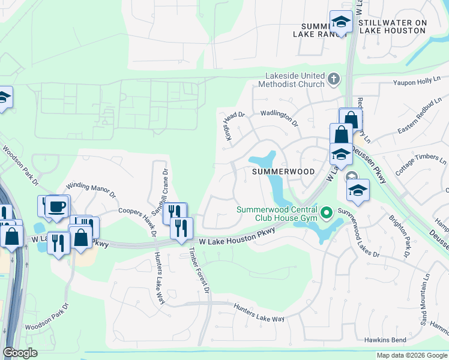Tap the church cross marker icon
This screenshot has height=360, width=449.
pyautogui.click(x=334, y=79)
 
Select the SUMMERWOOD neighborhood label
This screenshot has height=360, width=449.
pyautogui.click(x=283, y=172)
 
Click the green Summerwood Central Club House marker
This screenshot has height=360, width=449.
pyautogui.click(x=327, y=212)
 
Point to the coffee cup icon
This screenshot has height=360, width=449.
pyautogui.click(x=57, y=206)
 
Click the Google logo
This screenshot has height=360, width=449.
pyautogui.click(x=20, y=353)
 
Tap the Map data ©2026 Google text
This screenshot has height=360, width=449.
pyautogui.click(x=411, y=355)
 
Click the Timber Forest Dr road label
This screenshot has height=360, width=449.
pyautogui.click(x=199, y=271)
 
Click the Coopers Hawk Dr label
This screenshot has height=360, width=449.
pyautogui.click(x=137, y=218)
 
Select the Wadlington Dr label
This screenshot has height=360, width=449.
pyautogui.click(x=279, y=118)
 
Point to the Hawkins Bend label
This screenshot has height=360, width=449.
pyautogui.click(x=387, y=340)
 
